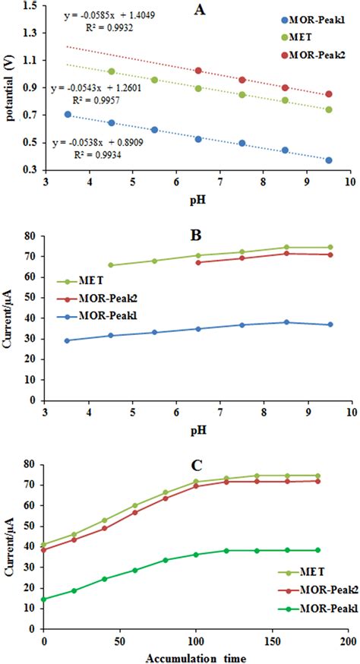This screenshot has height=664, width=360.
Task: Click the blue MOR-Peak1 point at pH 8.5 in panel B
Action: click(286, 322)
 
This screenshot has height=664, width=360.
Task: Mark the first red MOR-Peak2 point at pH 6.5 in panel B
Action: click(199, 262)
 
